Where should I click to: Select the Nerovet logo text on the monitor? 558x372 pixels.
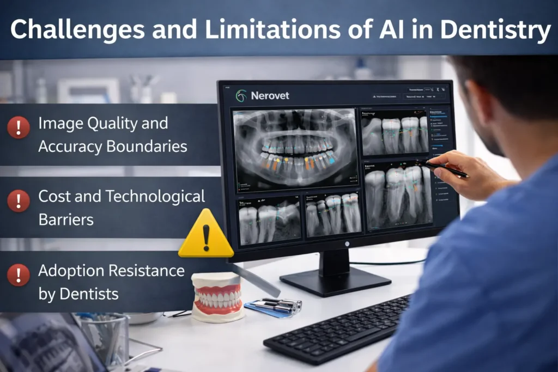click(x=270, y=96)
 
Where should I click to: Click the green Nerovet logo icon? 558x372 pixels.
click(x=241, y=96)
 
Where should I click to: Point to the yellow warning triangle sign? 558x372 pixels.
click(x=206, y=234)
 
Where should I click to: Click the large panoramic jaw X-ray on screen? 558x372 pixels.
click(x=295, y=148)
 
